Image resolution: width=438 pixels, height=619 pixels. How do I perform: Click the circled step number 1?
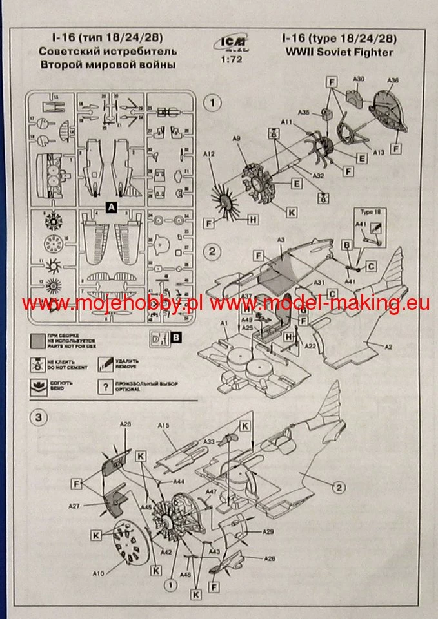[212, 102]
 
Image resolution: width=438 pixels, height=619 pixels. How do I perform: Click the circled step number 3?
[39, 417]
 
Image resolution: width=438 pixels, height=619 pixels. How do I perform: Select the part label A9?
[236, 138]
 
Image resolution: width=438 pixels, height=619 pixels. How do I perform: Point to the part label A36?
[393, 81]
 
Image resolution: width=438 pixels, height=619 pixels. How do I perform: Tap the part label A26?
[270, 559]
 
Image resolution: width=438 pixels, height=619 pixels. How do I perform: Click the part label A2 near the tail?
[389, 347]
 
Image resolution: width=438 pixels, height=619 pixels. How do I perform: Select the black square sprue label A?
[112, 207]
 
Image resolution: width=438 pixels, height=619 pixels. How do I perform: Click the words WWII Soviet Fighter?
[335, 53]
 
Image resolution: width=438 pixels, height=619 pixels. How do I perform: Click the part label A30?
[359, 79]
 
